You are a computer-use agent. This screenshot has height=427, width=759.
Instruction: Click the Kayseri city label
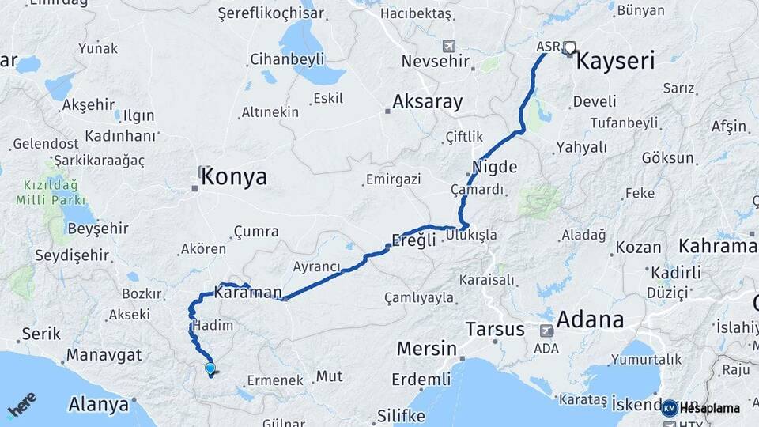[616, 61]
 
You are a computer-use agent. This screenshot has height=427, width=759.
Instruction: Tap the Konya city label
[234, 177]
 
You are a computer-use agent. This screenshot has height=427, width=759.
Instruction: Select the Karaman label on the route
[247, 293]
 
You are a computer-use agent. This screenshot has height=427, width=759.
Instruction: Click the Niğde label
[494, 167]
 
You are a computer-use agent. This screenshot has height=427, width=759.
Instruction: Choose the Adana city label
[590, 319]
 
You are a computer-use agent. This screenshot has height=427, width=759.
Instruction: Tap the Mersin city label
[427, 348]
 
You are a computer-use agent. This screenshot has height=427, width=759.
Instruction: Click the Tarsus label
[495, 328]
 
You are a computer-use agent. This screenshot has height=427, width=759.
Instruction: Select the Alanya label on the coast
[98, 404]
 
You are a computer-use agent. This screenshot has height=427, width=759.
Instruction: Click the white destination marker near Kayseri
[570, 48]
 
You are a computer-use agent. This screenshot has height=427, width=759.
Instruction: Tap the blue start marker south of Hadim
[210, 368]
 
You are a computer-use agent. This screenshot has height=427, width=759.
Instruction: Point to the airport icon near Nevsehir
[450, 45]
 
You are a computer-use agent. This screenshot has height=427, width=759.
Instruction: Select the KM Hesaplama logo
[701, 408]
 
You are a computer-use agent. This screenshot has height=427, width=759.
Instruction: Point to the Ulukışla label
[471, 235]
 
